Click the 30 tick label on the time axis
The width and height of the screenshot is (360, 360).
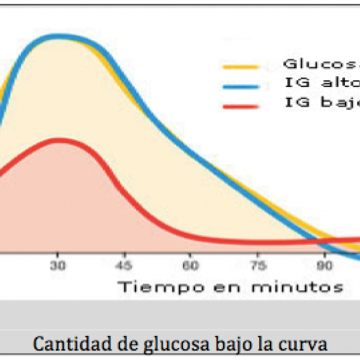click(x=58, y=265)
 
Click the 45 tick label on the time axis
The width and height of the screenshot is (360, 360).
click(x=124, y=265)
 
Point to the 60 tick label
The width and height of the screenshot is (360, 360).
click(x=191, y=265)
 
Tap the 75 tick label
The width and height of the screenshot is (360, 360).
click(x=257, y=265)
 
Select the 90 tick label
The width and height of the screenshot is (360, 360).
click(x=325, y=265)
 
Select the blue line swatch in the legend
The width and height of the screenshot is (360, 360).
click(x=241, y=86)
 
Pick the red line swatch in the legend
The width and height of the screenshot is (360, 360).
click(x=241, y=106)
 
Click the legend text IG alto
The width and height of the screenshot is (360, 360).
click(x=322, y=83)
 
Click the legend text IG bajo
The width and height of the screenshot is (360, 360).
click(x=322, y=103)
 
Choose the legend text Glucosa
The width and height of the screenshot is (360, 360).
click(x=322, y=63)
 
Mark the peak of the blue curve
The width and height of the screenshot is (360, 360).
click(x=60, y=36)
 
